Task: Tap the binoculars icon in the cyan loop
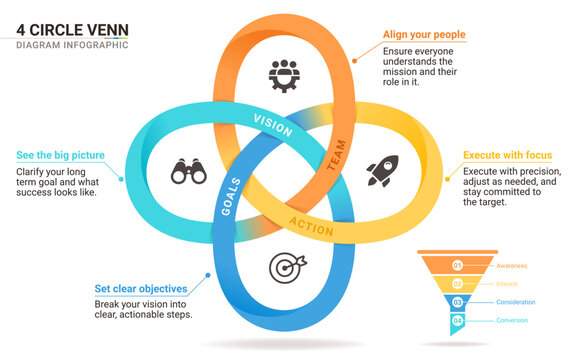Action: (x=187, y=172)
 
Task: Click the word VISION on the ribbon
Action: (x=273, y=127)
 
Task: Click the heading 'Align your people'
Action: (x=424, y=35)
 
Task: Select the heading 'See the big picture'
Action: (x=60, y=156)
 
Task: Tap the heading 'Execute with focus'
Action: (x=507, y=156)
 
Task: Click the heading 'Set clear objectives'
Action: (x=139, y=289)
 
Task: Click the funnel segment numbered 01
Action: (x=458, y=266)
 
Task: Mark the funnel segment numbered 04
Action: (x=458, y=320)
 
